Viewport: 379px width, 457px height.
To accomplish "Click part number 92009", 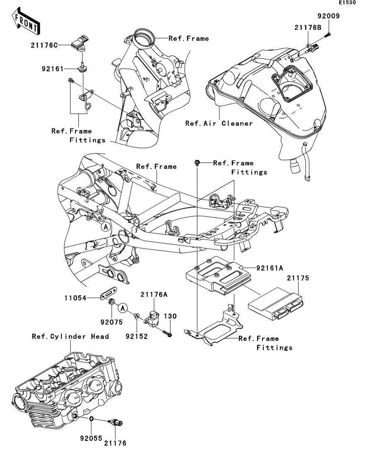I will [328, 17].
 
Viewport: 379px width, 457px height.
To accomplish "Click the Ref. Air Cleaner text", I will [219, 123].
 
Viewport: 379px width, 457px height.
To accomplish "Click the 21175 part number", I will [298, 279].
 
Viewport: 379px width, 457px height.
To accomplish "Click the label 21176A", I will [154, 295].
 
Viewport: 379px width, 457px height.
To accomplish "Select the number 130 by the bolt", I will [171, 317].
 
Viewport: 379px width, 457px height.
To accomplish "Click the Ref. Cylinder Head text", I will [70, 336].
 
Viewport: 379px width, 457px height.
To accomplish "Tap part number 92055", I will [91, 438].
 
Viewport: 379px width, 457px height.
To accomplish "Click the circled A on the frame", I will [106, 227].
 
